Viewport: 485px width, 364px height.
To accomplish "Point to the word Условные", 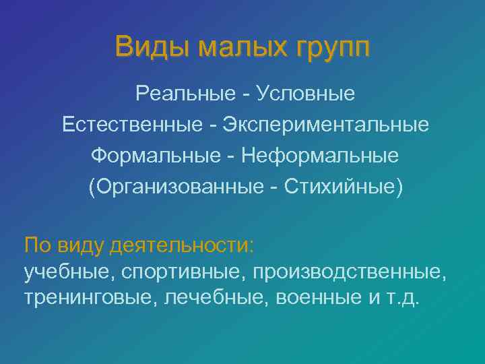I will [x=306, y=93].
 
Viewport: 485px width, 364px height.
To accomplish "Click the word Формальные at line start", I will [x=153, y=156].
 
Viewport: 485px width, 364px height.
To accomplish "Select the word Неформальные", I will [x=320, y=156].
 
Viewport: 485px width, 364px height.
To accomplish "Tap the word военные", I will [x=318, y=297].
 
